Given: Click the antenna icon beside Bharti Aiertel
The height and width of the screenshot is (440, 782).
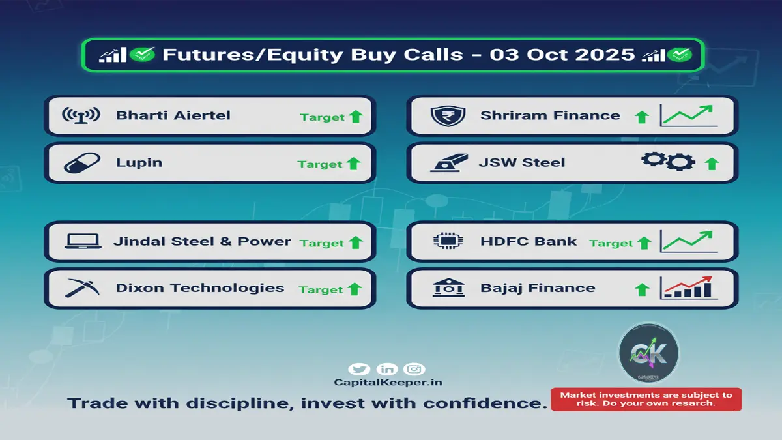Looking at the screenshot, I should (x=81, y=115).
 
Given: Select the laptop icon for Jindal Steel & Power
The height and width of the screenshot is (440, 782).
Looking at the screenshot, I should (x=83, y=241).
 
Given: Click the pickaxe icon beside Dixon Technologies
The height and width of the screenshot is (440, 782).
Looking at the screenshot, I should (x=82, y=288).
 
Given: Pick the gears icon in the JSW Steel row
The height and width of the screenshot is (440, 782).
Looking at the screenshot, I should (x=668, y=161).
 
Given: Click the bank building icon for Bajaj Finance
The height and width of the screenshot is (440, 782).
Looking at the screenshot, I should (x=448, y=287).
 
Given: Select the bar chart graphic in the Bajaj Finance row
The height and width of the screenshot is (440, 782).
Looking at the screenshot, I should (x=688, y=287).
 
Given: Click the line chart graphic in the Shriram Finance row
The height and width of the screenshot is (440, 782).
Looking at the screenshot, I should (x=688, y=115).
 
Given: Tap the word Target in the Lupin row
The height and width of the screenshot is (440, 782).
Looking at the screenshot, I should (x=320, y=164).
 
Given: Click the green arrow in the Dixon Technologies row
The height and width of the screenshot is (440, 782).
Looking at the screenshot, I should (x=355, y=289).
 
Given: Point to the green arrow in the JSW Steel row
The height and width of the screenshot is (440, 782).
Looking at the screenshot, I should (x=712, y=164).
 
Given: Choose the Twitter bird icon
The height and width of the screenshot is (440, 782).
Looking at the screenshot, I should (x=359, y=370).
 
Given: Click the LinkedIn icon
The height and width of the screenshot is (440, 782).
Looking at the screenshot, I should (x=386, y=370).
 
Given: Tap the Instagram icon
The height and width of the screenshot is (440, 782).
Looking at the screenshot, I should (x=414, y=370).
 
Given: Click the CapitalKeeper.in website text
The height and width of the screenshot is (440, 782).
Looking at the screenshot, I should (x=388, y=383).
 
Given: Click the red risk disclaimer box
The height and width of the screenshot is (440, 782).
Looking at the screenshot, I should (x=646, y=399).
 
